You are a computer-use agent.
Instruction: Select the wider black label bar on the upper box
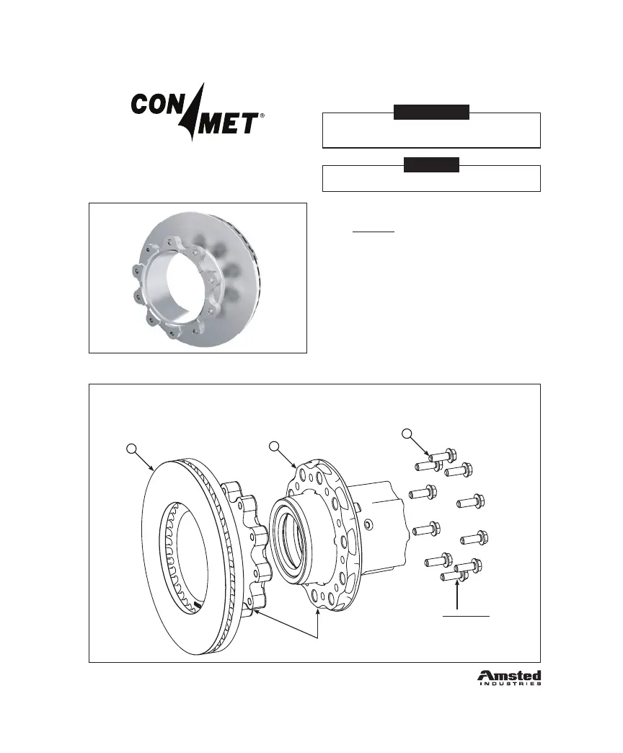[431, 112]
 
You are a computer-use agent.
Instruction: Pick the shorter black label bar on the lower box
[431, 164]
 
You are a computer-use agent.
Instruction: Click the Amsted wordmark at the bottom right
[509, 675]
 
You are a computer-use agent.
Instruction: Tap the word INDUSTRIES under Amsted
[509, 684]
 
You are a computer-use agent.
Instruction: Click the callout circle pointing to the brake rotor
[131, 449]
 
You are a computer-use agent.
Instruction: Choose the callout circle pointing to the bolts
[407, 433]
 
